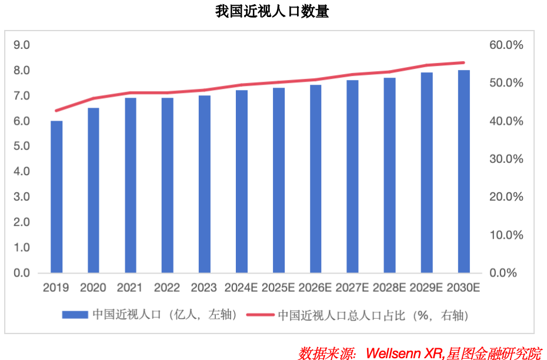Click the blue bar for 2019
56,197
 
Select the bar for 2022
167,185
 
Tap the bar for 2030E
463,172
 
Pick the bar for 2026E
316,179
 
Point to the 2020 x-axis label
93,288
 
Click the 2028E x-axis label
389,288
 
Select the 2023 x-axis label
204,288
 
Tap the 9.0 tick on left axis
22,45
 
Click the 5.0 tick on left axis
22,146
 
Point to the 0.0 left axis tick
22,273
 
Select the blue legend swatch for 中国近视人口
75,315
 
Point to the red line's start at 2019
56,111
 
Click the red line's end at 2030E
463,62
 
